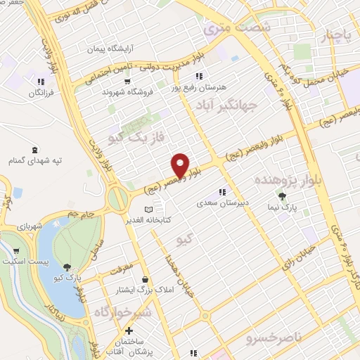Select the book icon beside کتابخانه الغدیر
[148, 210]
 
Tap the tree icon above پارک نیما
[283, 196]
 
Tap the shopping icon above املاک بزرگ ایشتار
[145, 278]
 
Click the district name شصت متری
[226, 29]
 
